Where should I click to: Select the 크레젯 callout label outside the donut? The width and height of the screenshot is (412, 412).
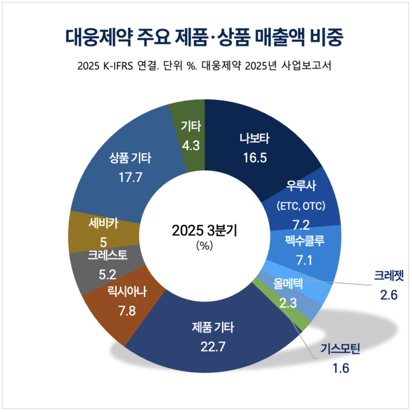pyautogui.click(x=388, y=276)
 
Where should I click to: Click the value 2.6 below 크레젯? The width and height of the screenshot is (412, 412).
pyautogui.click(x=388, y=295)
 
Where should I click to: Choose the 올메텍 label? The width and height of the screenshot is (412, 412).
pyautogui.click(x=289, y=282)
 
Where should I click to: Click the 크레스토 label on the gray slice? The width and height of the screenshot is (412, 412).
pyautogui.click(x=107, y=256)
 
